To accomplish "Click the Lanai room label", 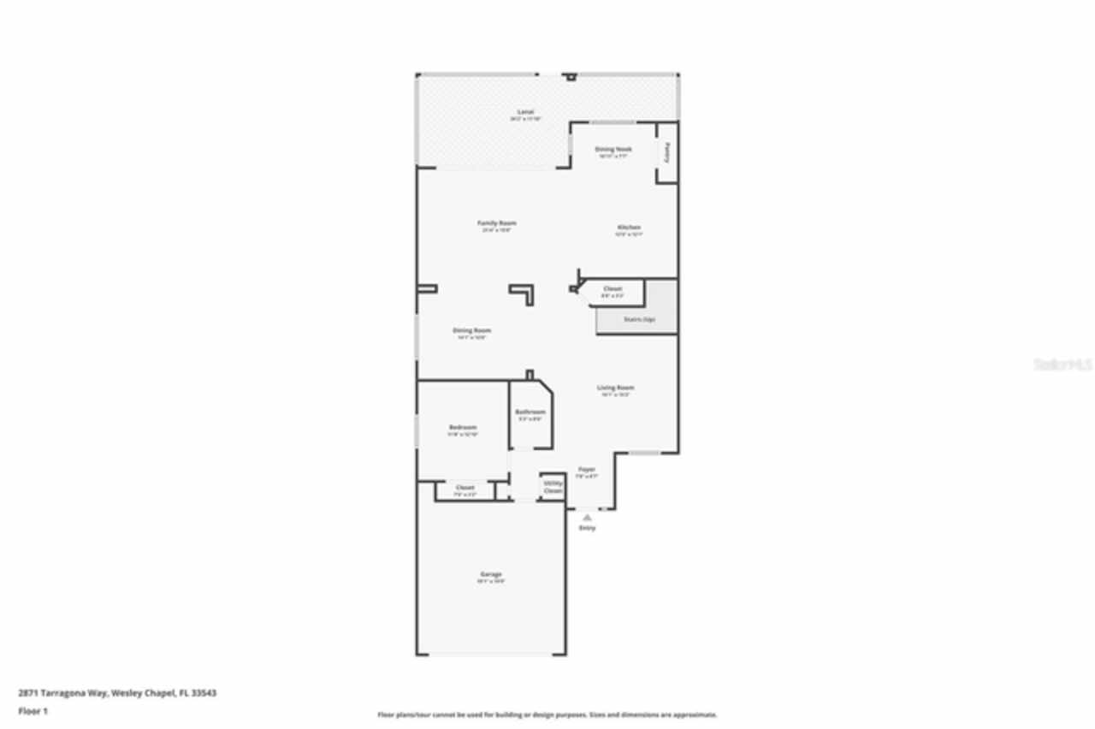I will coord(525,112).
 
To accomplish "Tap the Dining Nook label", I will coord(613,149).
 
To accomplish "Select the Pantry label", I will coord(667,151).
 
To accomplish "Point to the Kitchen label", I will coord(629,227).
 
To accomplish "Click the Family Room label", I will coord(496,223).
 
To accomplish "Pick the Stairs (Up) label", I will coord(637,320).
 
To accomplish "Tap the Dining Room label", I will coord(471,330).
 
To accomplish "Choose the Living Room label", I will coord(615,388).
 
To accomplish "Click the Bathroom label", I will coord(530,412).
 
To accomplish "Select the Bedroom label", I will coord(463,427).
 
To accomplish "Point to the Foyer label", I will coord(586,469).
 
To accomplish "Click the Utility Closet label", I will coord(553,487).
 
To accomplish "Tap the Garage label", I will coord(490,574).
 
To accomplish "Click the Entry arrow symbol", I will coord(587,517).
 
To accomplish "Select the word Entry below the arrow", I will coord(587,528).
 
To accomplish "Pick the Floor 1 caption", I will coord(33,711).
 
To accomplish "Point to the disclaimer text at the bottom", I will coord(547,714).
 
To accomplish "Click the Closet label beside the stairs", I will coord(613,289).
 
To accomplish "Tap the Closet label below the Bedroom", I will coord(465,488).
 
